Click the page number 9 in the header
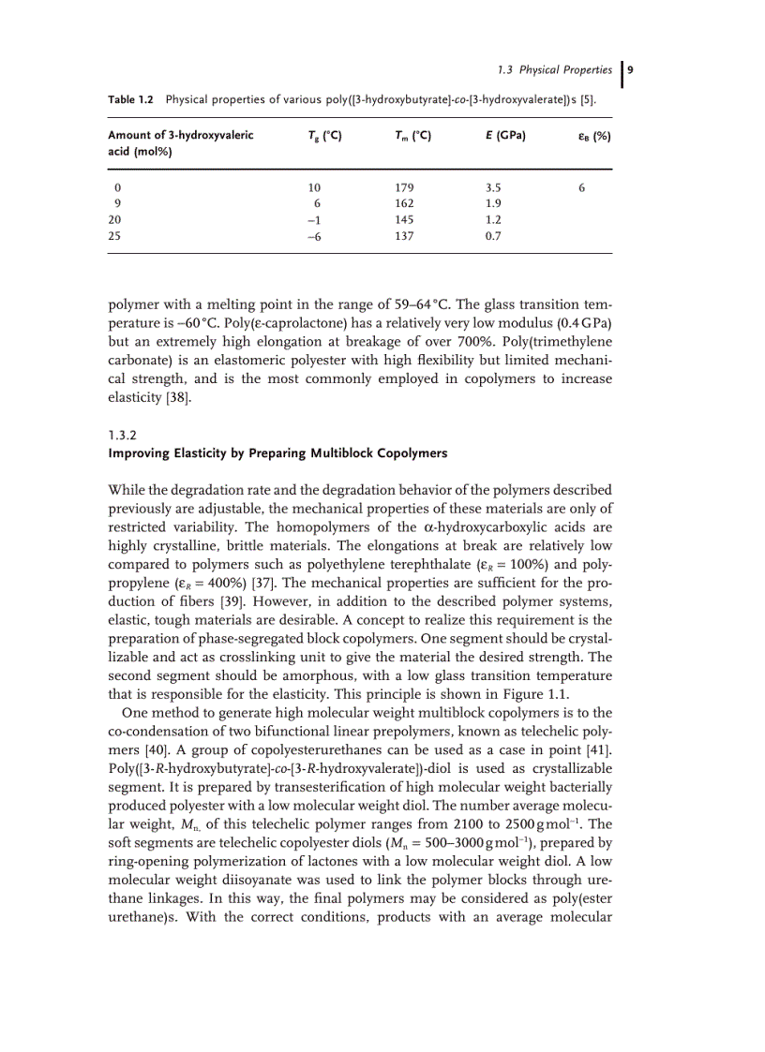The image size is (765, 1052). coord(630,69)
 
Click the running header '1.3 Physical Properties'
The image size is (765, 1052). coord(553,69)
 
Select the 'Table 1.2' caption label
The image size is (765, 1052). coord(134,99)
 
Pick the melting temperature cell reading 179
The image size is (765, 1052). coord(404,186)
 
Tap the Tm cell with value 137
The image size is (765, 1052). coord(404,236)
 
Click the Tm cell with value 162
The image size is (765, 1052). coord(404,202)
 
